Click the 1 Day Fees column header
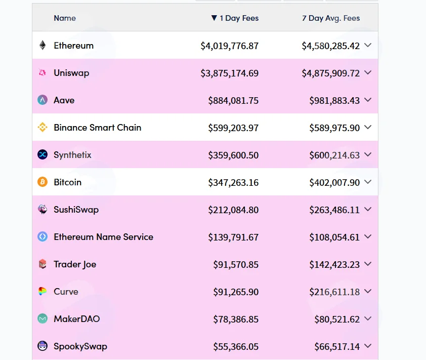[239, 18]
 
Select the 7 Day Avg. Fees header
[331, 18]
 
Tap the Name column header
[65, 18]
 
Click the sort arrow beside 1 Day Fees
[214, 18]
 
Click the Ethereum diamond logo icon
[42, 45]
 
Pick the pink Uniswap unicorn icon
[42, 72]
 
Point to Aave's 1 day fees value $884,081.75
[233, 101]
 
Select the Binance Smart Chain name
[98, 128]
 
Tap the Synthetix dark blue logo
[42, 155]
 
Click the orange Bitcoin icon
[42, 182]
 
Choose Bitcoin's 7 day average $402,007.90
[334, 182]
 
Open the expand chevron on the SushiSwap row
[368, 209]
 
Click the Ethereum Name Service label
[104, 237]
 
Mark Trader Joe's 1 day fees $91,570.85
[236, 265]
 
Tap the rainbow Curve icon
[42, 292]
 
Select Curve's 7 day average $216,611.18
[334, 292]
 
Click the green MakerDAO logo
[42, 318]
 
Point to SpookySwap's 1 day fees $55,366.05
[236, 347]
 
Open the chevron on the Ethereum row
[368, 45]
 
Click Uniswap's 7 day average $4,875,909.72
[331, 73]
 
